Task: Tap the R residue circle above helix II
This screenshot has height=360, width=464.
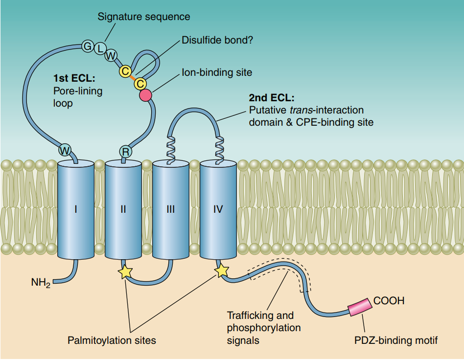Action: pyautogui.click(x=125, y=152)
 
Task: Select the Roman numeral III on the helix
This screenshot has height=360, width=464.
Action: pyautogui.click(x=170, y=209)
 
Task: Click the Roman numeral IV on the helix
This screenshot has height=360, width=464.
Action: pyautogui.click(x=218, y=209)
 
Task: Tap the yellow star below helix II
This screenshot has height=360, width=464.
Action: pyautogui.click(x=125, y=271)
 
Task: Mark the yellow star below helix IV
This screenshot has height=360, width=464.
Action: pyautogui.click(x=221, y=270)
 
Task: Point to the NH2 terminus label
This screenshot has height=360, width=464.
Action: pyautogui.click(x=41, y=283)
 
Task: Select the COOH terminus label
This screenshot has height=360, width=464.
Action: pyautogui.click(x=389, y=300)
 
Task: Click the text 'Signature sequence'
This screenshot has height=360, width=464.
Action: pyautogui.click(x=144, y=17)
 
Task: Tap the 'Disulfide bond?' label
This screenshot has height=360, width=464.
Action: pyautogui.click(x=217, y=40)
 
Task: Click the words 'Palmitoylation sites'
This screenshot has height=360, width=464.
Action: pyautogui.click(x=112, y=340)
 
